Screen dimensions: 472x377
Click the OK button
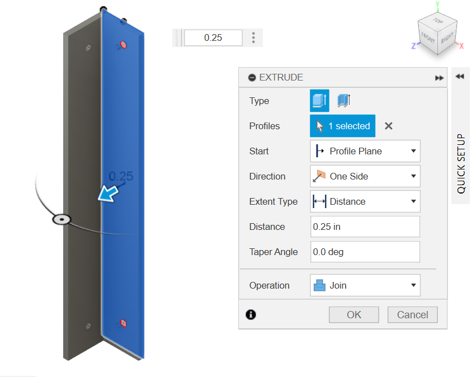(x=353, y=315)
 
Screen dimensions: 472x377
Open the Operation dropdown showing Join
(x=365, y=285)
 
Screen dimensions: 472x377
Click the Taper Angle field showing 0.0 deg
(x=365, y=252)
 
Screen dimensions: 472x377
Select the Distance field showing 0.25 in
(x=365, y=227)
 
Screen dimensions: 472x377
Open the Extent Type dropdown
(x=365, y=201)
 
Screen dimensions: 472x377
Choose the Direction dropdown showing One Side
(x=365, y=176)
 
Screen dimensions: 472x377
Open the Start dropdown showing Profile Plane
(x=365, y=151)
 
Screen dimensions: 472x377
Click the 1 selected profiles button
(x=343, y=126)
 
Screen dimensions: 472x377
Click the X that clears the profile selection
(x=389, y=126)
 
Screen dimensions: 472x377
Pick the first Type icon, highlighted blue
(x=319, y=101)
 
